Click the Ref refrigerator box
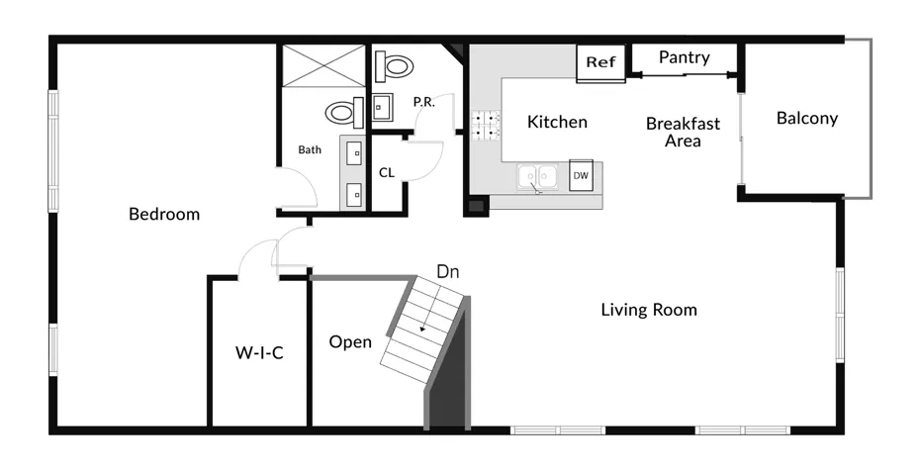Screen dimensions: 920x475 600,62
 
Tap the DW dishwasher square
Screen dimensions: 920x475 581,175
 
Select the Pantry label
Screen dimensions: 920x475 685,57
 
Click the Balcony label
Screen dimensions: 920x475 807,118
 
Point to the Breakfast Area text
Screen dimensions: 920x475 683,132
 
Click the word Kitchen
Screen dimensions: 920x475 557,122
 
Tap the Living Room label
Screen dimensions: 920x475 649,310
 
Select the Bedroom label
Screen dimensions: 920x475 164,214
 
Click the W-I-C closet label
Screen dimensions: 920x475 259,353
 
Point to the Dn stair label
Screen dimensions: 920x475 448,272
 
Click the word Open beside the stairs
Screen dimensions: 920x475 350,341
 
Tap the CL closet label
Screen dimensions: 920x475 387,172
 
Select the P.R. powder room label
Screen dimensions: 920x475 423,102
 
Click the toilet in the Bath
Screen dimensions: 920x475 345,113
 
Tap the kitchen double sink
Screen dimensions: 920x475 537,177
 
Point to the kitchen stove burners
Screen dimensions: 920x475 486,126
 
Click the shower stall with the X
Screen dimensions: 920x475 323,66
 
